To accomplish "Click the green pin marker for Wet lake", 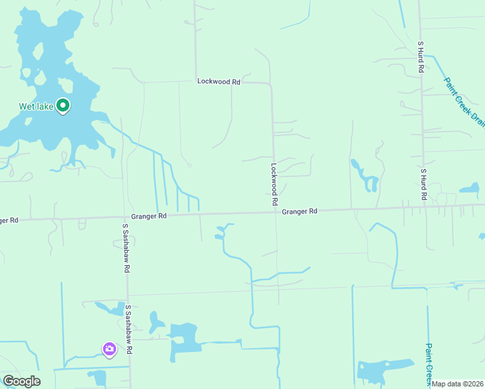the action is tap(63, 105).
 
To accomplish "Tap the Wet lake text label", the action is tap(35, 107).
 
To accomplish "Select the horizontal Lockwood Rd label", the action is tap(219, 82).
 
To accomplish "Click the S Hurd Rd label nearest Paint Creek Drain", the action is tap(421, 56).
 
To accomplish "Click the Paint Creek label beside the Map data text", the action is tap(429, 361).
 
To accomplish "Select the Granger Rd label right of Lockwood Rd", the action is tap(300, 211).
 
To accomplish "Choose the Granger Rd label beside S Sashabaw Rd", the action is tap(148, 216).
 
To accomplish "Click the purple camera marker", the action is tap(109, 349).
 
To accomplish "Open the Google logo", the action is tap(21, 381).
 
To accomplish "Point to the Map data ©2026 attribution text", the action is tap(458, 384).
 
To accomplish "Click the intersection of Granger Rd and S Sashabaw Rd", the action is tap(125, 216).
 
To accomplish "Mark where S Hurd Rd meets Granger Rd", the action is tap(423, 207).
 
